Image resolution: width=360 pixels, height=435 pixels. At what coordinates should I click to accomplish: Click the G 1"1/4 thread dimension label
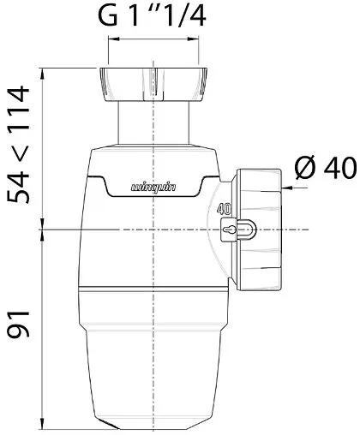click(x=152, y=15)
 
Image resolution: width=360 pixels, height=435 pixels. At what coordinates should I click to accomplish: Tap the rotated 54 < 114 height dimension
click(x=19, y=145)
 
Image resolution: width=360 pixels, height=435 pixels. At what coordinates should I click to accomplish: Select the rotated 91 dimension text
click(x=19, y=325)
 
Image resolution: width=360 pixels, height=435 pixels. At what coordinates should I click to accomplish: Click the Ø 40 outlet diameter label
click(x=327, y=168)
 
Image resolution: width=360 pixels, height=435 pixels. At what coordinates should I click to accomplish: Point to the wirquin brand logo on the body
click(x=153, y=188)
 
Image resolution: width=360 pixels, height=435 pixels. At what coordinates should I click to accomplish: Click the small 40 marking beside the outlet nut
click(x=224, y=209)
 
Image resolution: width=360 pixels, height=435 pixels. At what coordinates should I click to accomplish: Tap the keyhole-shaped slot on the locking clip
click(x=229, y=229)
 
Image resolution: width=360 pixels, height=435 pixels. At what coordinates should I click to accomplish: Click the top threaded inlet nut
click(x=153, y=85)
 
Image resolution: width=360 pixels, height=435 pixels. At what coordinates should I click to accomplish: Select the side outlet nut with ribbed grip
click(x=259, y=229)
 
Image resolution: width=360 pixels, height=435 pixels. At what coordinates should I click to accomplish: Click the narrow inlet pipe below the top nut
click(x=153, y=123)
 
